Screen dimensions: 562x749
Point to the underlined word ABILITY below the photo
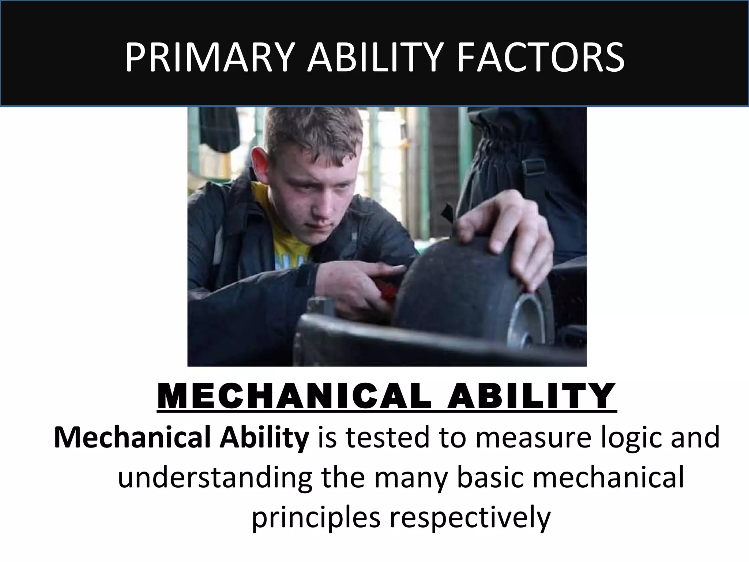tap(530, 397)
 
